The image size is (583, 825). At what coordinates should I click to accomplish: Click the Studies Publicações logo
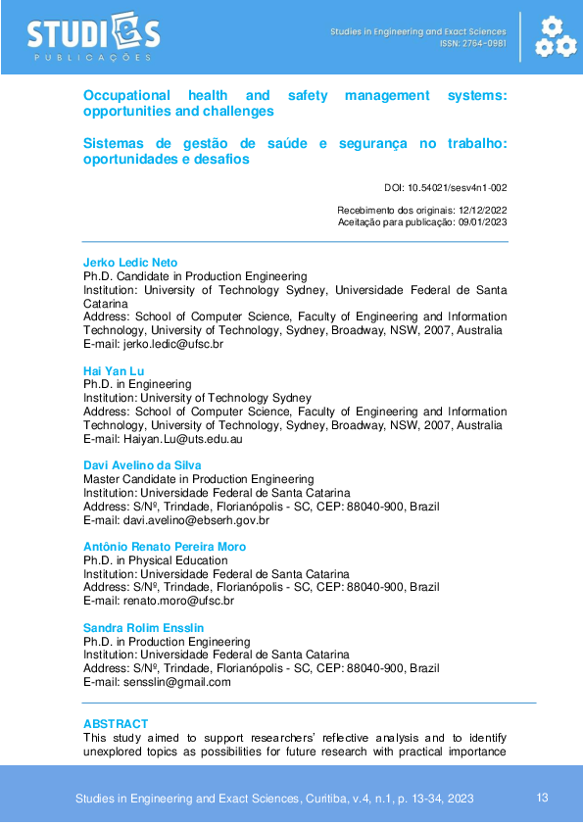[x=93, y=37]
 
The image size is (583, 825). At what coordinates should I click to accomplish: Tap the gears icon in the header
[x=555, y=36]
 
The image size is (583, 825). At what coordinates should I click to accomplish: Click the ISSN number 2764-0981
[x=486, y=44]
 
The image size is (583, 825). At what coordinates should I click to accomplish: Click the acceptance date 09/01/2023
[x=482, y=222]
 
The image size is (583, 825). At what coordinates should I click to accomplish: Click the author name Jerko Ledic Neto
[x=130, y=263]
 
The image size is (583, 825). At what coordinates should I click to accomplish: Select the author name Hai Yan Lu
[x=115, y=371]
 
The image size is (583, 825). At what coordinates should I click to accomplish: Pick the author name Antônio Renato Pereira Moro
[x=165, y=547]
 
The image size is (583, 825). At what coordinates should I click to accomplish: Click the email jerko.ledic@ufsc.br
[x=172, y=345]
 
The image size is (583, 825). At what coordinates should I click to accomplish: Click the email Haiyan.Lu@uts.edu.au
[x=181, y=440]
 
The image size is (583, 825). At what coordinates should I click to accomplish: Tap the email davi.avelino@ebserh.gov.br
[x=194, y=520]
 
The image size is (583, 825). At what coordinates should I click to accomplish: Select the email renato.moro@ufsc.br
[x=177, y=601]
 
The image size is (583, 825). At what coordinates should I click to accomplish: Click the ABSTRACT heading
[x=116, y=724]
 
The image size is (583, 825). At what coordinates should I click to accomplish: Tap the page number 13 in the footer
[x=543, y=798]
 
